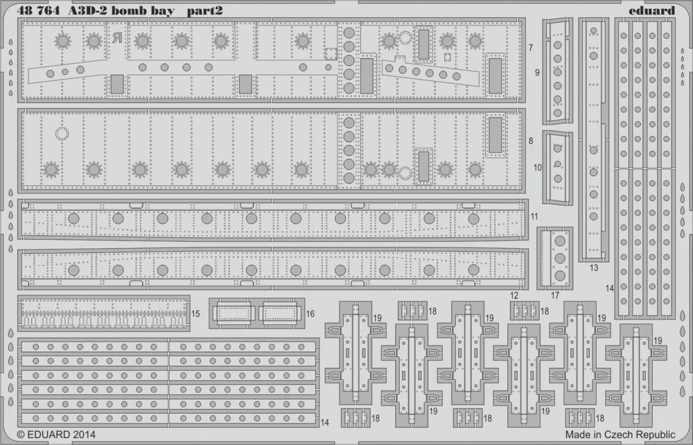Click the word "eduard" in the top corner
652,10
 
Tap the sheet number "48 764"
38,10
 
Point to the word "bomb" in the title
130,10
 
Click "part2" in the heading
204,11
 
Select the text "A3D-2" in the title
87,10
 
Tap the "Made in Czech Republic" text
620,435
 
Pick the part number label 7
531,48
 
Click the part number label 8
531,141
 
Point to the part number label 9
538,72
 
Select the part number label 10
538,168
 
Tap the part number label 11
535,216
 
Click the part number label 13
594,268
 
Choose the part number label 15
195,314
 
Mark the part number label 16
310,314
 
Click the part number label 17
555,295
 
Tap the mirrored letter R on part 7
116,38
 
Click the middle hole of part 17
560,258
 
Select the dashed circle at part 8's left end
62,133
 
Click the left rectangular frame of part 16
234,313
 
